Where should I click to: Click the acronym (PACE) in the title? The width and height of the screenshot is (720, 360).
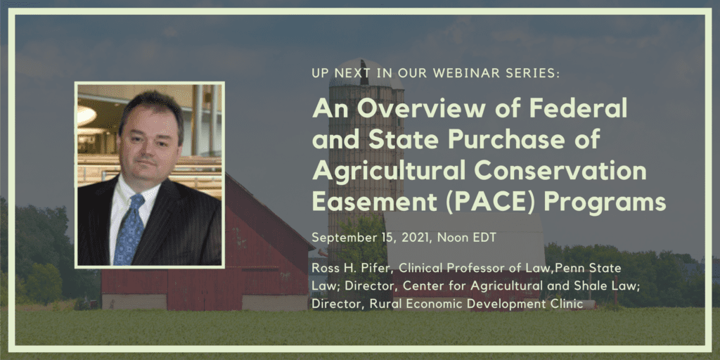[x=490, y=202]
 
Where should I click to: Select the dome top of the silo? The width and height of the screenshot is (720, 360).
[x=360, y=72]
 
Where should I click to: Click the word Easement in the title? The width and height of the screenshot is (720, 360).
[x=373, y=202]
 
